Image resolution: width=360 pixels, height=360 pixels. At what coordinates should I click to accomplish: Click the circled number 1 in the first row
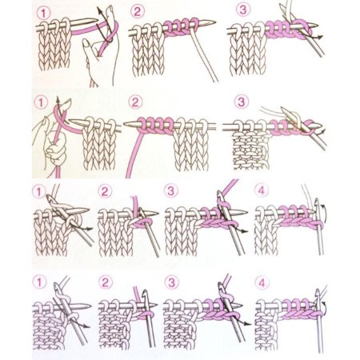coord(43,13)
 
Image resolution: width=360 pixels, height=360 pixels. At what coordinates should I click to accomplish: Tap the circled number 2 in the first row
coord(138,11)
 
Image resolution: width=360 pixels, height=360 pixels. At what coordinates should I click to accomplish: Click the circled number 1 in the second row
coord(41,102)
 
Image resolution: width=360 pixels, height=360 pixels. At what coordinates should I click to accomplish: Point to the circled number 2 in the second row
coord(135,102)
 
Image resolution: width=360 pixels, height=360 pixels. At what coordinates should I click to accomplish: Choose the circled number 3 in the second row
coord(241,102)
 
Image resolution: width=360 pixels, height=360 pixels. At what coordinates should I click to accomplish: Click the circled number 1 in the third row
coord(39,192)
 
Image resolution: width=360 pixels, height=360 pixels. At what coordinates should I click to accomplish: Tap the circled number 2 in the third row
coord(105,192)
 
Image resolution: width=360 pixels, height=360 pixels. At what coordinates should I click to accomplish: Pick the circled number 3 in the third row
coord(170,190)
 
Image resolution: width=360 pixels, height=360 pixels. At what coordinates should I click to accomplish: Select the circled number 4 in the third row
coord(262,190)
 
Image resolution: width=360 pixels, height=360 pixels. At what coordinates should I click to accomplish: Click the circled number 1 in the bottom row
coord(39,282)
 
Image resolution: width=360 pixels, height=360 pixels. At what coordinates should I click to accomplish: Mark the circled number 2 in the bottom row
coord(105,282)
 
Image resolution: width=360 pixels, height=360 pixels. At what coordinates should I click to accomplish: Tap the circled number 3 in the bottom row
coord(171,282)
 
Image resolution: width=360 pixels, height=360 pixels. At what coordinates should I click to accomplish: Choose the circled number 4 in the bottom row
coord(262,282)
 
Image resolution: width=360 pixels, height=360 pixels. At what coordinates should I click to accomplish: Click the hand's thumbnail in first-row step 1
coord(86,43)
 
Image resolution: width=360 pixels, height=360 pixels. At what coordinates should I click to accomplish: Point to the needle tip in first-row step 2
coord(214,22)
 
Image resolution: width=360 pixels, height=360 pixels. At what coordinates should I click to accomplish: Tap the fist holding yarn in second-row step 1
coord(55,150)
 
